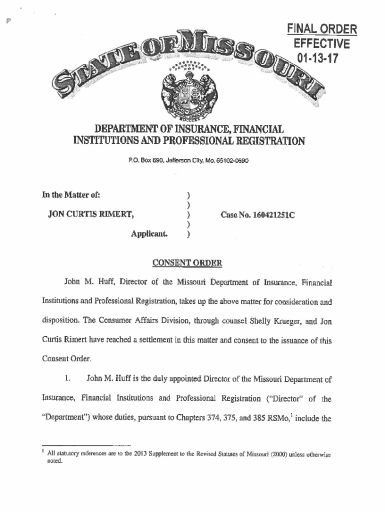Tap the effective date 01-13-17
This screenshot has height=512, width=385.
pos(317,59)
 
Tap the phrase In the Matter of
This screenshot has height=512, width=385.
pos(74,195)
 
